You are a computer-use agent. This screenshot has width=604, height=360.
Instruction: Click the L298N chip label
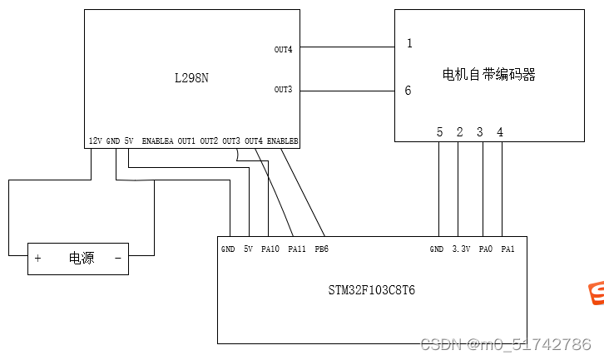[x=191, y=78]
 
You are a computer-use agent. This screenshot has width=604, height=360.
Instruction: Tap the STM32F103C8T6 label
[x=371, y=291]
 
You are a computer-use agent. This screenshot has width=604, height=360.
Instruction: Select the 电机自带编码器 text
[x=488, y=75]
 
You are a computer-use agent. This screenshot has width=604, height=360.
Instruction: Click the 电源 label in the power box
[x=81, y=259]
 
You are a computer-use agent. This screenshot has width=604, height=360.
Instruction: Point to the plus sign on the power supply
[x=37, y=259]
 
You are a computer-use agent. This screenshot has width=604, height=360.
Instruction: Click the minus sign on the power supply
[x=117, y=259]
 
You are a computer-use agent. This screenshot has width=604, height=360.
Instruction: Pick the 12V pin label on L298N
[x=95, y=141]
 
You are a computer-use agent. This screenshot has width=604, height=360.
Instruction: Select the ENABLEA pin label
[x=158, y=141]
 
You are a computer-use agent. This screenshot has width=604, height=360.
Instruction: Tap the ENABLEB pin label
[x=283, y=141]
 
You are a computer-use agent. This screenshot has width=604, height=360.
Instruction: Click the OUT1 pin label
[x=186, y=141]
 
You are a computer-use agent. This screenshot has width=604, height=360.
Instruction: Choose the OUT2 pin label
[x=209, y=141]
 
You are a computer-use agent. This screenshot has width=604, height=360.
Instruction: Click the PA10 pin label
[x=270, y=248]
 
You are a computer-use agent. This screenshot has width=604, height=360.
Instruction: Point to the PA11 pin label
[x=297, y=248]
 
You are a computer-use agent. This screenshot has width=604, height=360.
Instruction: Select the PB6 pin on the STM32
[x=321, y=248]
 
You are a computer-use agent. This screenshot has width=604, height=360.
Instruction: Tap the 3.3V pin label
[x=461, y=248]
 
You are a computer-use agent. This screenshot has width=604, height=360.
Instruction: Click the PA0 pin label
[x=486, y=248]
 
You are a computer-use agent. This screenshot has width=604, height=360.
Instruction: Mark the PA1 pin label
[x=507, y=248]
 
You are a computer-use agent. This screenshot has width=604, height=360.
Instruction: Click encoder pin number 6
[x=408, y=91]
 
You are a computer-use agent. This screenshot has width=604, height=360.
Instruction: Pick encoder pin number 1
[x=409, y=43]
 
